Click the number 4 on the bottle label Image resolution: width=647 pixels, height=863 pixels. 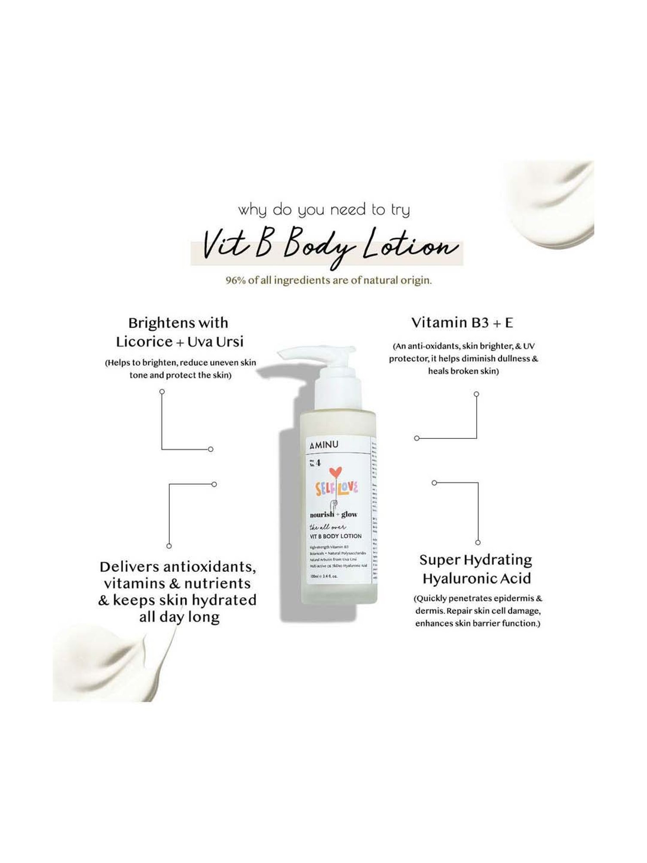[318, 463]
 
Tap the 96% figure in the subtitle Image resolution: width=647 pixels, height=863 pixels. [236, 280]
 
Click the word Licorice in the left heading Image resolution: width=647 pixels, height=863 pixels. [144, 342]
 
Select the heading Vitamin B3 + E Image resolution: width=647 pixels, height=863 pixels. [462, 322]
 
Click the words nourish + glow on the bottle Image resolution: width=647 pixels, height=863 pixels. [333, 514]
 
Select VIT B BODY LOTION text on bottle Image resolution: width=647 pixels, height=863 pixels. [336, 536]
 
